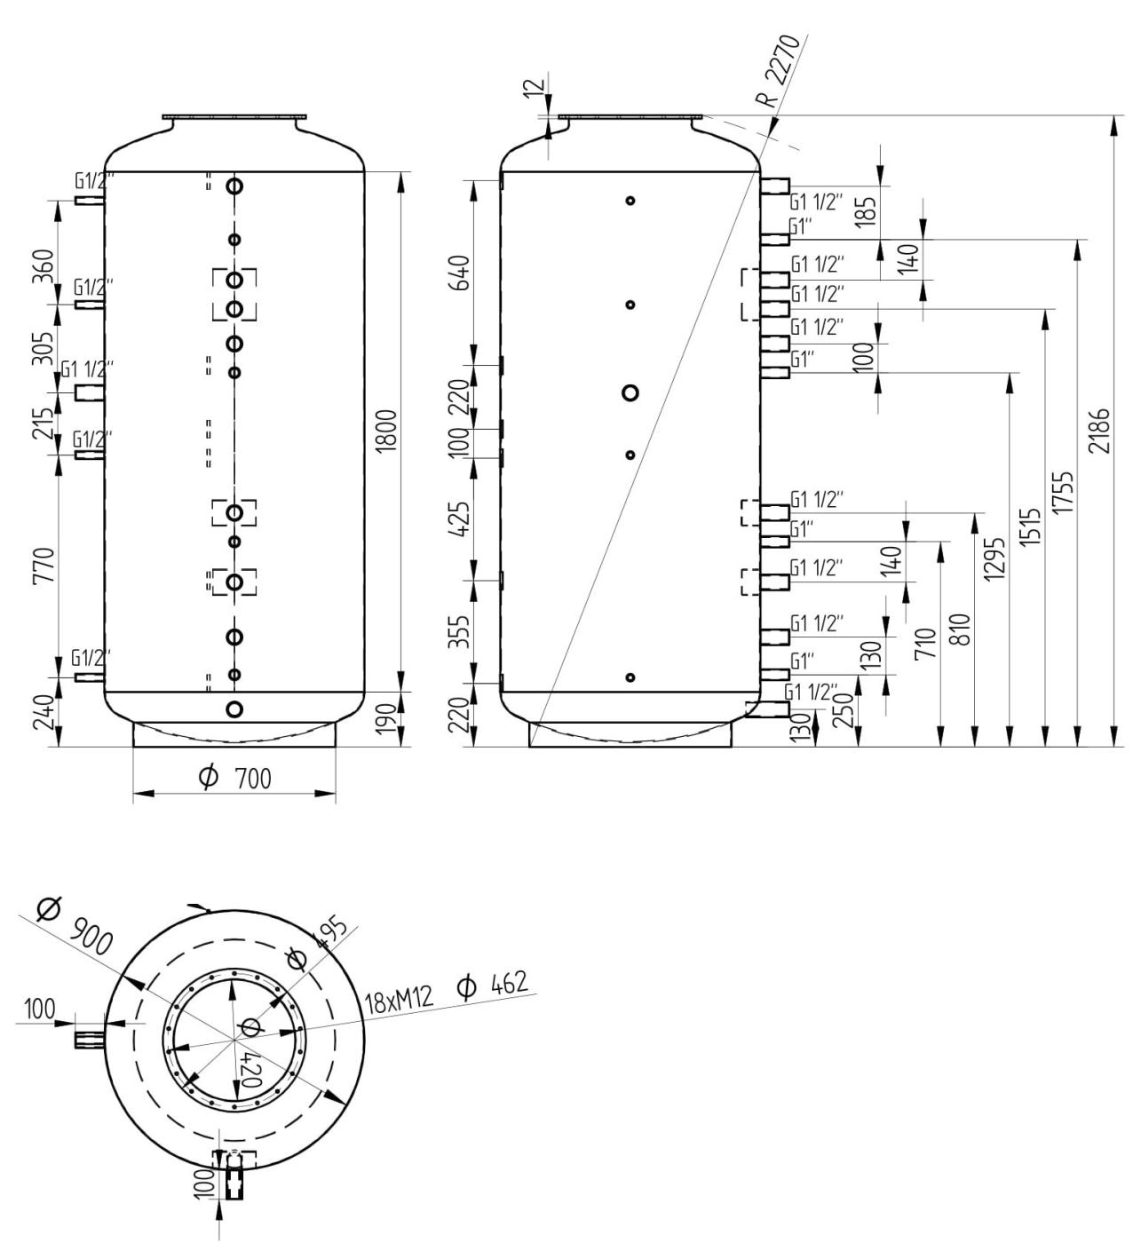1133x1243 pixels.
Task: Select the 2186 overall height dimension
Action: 1102,431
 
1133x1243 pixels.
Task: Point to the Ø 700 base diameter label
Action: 236,779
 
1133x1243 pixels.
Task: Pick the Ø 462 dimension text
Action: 492,985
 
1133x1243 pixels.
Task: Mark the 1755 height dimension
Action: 1068,492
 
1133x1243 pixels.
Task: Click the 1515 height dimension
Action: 1033,527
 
